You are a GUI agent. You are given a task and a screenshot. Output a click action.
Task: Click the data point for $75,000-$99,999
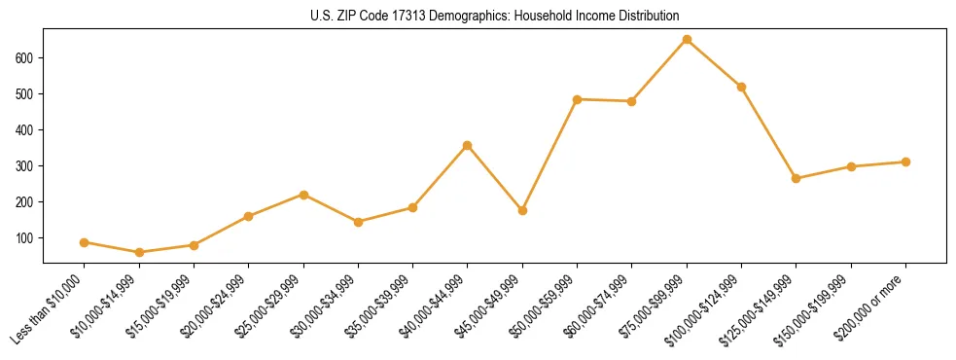(x=687, y=40)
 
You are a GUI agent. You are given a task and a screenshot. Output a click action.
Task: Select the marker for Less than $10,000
(x=85, y=242)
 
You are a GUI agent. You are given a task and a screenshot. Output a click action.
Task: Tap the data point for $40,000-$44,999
(x=468, y=146)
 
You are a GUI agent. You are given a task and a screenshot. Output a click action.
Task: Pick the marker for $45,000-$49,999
(x=522, y=210)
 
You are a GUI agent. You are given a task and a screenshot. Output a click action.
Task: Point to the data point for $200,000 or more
(x=905, y=162)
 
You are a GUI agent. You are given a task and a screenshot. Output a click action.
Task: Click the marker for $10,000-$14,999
(x=139, y=253)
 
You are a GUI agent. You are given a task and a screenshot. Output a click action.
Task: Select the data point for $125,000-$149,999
(x=797, y=179)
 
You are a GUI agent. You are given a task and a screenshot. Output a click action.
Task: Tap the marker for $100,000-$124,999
(x=741, y=87)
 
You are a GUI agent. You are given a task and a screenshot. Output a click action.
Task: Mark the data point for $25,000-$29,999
(x=303, y=195)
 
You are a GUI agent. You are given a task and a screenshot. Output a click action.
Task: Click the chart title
(x=495, y=17)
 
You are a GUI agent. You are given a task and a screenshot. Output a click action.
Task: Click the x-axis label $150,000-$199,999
(x=819, y=307)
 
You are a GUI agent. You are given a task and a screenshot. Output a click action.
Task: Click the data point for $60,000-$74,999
(x=632, y=101)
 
